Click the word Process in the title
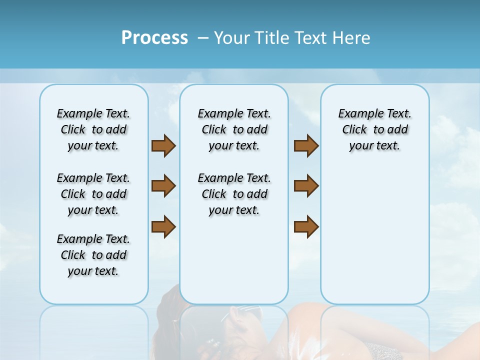154,38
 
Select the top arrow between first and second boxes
163,146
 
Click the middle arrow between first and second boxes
163,186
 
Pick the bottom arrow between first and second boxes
163,226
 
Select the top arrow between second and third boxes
306,146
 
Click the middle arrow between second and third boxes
306,186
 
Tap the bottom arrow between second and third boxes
306,226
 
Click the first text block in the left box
93,129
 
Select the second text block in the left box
93,194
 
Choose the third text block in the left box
93,255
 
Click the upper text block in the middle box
234,129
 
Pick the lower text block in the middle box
234,194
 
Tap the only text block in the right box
374,129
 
